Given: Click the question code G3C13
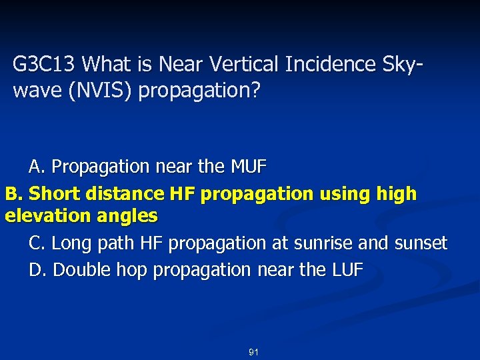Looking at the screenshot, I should click(x=46, y=65).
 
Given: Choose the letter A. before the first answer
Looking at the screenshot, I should click(x=37, y=167).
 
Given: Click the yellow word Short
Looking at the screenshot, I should click(x=53, y=194).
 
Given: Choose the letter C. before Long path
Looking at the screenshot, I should click(x=38, y=243).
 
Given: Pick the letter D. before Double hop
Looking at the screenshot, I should click(x=38, y=270).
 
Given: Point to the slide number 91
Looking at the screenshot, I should click(x=253, y=351).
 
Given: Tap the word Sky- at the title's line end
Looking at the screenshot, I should click(x=401, y=65).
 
